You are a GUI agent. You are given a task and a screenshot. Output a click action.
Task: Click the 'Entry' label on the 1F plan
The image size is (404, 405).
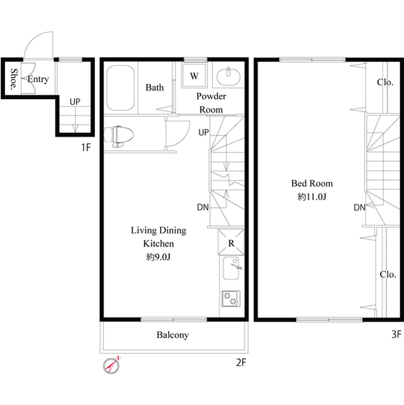coord(38,79)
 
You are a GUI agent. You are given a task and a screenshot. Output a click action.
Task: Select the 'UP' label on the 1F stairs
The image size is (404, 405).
coord(75,101)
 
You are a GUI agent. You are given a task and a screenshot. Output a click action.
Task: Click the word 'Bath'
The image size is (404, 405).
coord(155,88)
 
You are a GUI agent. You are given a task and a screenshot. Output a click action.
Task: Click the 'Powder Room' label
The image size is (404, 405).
coord(211,103)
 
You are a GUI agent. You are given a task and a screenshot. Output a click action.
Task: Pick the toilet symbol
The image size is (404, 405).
coord(119,135)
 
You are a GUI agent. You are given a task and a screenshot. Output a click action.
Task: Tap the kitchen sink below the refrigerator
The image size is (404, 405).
coord(231,271)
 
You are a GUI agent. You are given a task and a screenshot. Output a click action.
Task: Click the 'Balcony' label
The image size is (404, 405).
coord(173,335)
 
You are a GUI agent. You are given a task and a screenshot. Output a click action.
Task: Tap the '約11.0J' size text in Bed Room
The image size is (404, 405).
coord(311,197)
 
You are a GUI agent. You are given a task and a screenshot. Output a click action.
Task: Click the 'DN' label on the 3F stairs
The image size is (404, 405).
coord(359,208)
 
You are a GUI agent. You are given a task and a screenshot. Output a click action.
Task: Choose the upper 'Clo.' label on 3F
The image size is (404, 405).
coord(386,82)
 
